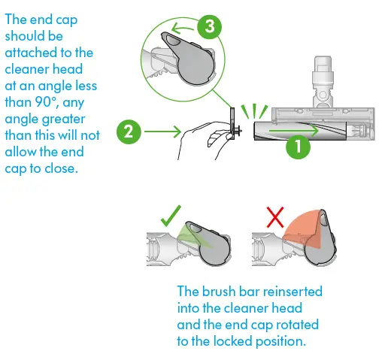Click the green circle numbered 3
click(x=209, y=26)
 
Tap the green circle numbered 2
click(x=129, y=132)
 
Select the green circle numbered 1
click(x=298, y=147)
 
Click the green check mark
click(x=171, y=216)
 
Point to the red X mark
click(x=275, y=217)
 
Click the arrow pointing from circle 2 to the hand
click(x=162, y=132)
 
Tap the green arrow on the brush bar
click(x=294, y=131)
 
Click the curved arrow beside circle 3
click(x=183, y=29)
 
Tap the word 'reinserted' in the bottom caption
click(x=293, y=292)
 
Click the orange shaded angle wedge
click(x=302, y=230)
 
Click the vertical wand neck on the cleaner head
click(x=323, y=82)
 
